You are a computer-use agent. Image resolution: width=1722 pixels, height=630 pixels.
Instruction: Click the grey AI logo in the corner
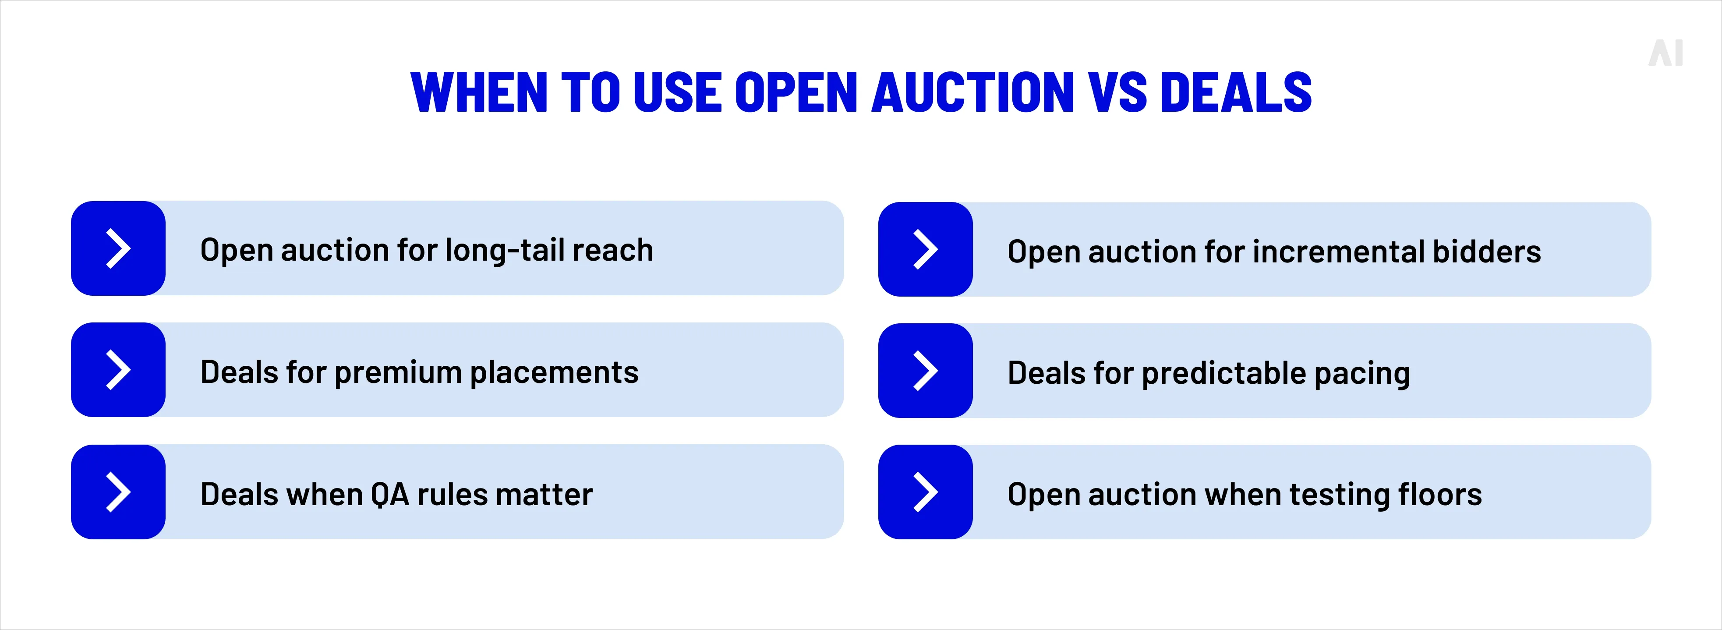pos(1665,53)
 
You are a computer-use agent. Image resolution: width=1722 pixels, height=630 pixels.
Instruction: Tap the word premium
pos(398,372)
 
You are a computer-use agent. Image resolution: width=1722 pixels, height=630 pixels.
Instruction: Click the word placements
pos(554,372)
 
